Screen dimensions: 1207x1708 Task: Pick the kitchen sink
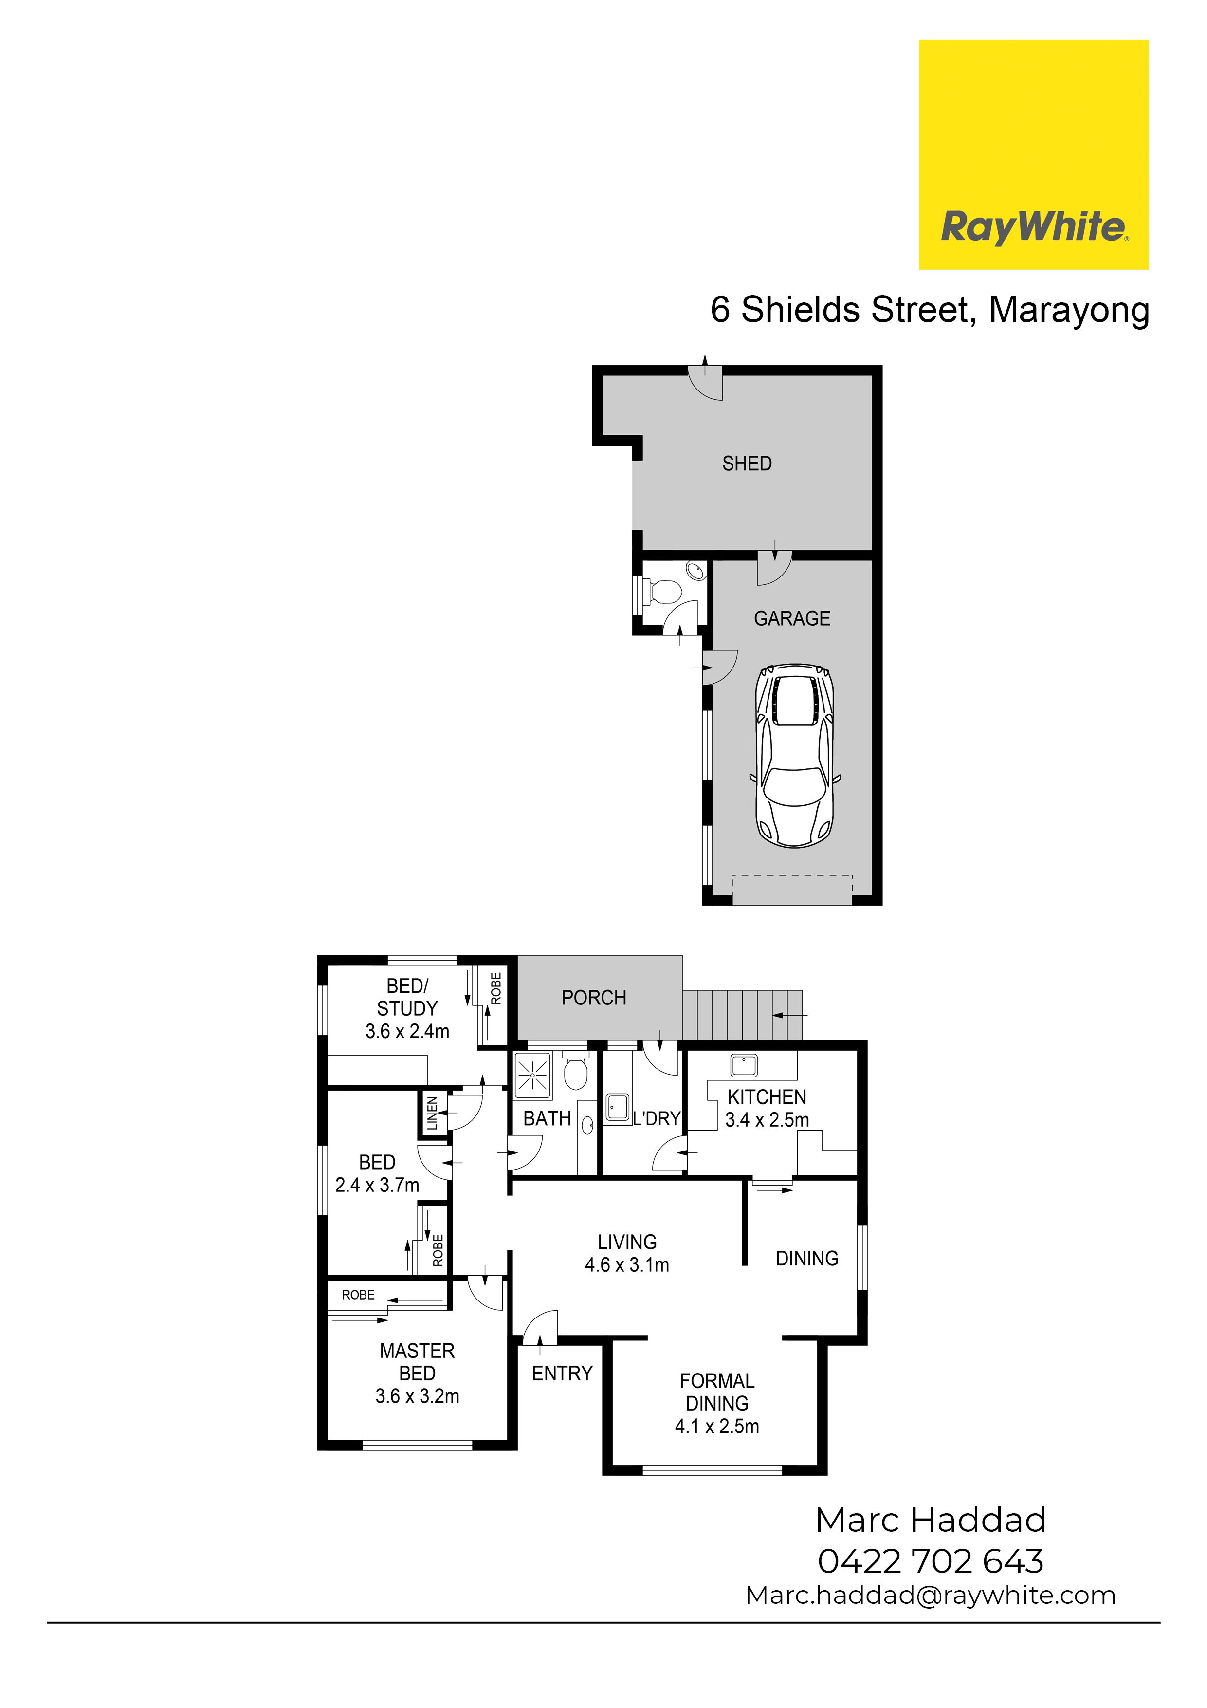pos(743,1065)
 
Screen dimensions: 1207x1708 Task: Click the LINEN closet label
pos(432,1114)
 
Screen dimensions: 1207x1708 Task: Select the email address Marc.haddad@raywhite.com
pos(931,1596)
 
